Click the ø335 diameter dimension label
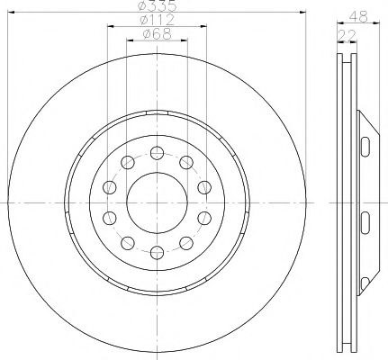pos(157,5)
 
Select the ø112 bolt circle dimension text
pos(157,20)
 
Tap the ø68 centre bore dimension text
pos(157,33)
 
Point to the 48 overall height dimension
pos(358,16)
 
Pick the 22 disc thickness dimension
pos(347,36)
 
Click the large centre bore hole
pos(157,202)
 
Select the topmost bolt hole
pos(157,153)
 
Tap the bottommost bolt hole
pos(157,253)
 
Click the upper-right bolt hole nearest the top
pos(186,163)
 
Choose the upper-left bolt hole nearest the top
pos(128,163)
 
